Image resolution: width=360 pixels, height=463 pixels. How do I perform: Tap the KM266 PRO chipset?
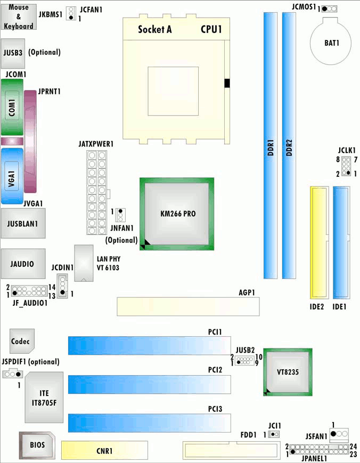pos(177,214)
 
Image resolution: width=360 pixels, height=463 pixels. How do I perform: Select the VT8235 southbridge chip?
pos(288,372)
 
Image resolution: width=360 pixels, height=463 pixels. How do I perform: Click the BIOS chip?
pos(37,445)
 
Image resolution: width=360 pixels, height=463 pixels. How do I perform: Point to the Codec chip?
pos(22,341)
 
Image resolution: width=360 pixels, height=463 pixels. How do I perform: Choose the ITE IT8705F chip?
pos(44,397)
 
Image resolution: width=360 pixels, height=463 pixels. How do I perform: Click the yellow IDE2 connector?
pos(320,242)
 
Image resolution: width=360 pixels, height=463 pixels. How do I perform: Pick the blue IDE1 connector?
pos(341,242)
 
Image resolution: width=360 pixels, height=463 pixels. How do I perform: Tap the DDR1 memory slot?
pos(271,145)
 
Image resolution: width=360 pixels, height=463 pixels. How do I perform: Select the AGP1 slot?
pos(189,307)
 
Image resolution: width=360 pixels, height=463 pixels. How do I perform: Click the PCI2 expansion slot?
pos(149,385)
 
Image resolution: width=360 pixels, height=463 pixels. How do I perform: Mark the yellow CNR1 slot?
pos(104,450)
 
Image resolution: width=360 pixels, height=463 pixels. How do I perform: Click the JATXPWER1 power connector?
pos(97,192)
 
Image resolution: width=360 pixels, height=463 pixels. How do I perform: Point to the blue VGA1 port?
pos(12,176)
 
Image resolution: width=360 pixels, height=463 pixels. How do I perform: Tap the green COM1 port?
pos(12,108)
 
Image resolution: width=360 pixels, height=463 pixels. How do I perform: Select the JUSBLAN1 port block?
pos(23,224)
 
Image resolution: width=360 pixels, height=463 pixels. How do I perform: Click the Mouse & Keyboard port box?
pos(19,17)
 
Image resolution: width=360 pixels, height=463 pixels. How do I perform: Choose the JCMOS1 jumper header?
pos(329,9)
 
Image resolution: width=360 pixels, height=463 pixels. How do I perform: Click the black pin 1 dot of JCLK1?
pos(348,173)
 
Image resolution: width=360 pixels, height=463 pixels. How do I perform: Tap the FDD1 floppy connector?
pos(231,450)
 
